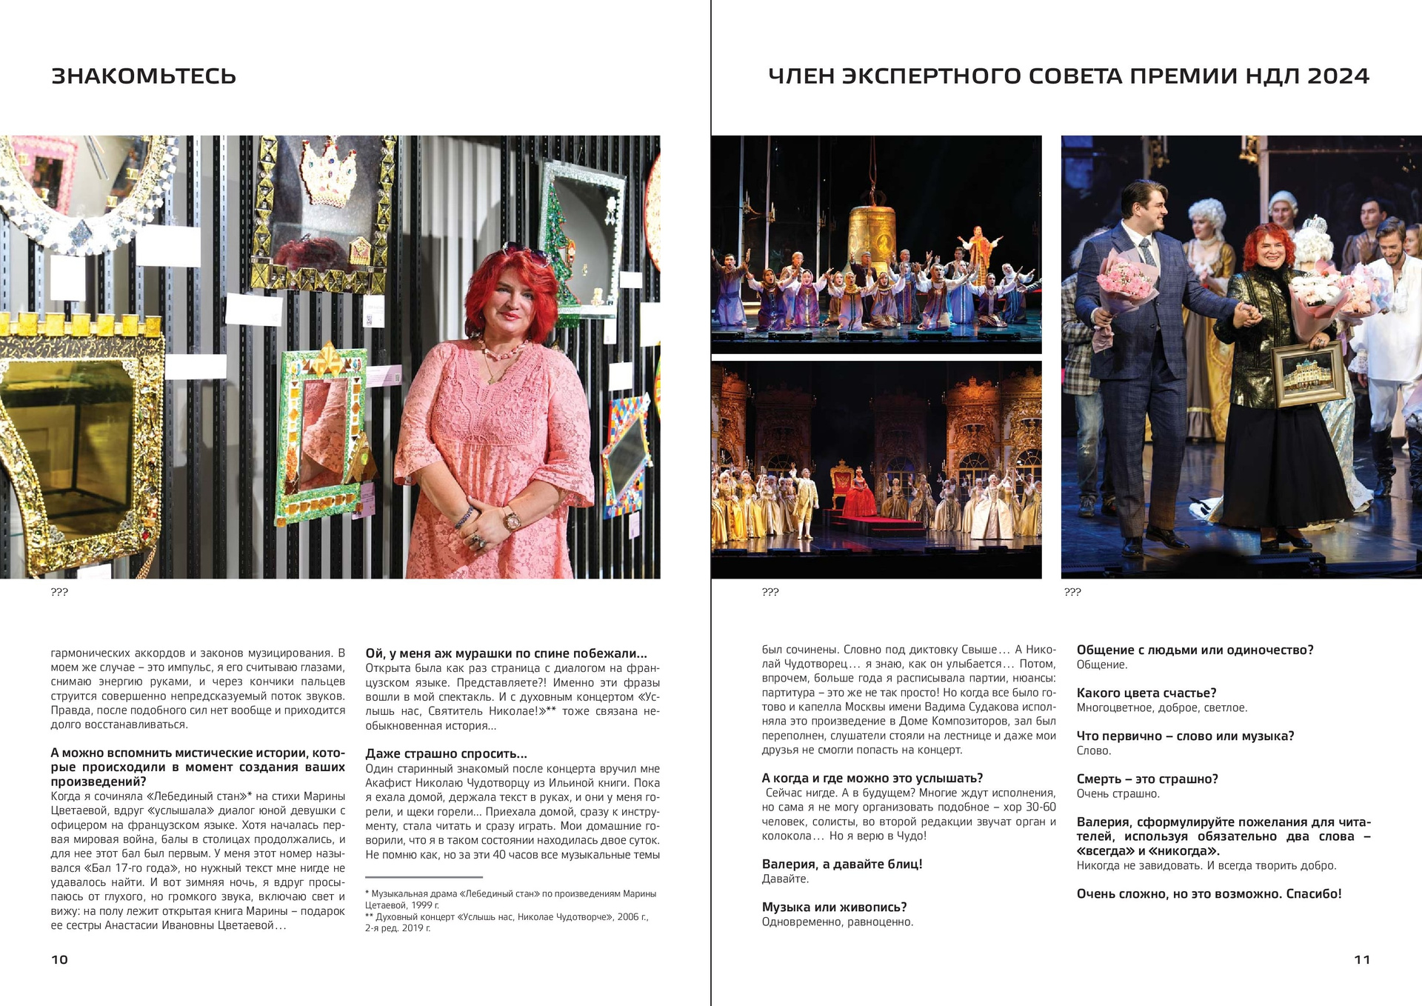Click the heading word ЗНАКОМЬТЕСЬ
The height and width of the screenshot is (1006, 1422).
point(144,76)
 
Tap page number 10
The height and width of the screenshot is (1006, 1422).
point(59,959)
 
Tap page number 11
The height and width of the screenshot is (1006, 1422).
point(1361,959)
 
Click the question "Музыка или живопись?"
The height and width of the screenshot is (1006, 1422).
point(834,907)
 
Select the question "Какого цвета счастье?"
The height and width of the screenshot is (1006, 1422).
point(1146,693)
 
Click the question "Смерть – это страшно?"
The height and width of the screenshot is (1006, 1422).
point(1146,779)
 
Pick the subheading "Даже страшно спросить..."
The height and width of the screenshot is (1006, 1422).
point(446,754)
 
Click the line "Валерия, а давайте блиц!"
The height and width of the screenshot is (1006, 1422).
point(841,865)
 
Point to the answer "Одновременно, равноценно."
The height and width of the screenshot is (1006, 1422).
point(837,922)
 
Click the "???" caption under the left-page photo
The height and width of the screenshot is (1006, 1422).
point(59,592)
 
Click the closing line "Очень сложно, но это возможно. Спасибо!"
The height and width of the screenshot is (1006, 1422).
point(1209,894)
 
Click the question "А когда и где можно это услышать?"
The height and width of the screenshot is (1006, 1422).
point(872,779)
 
